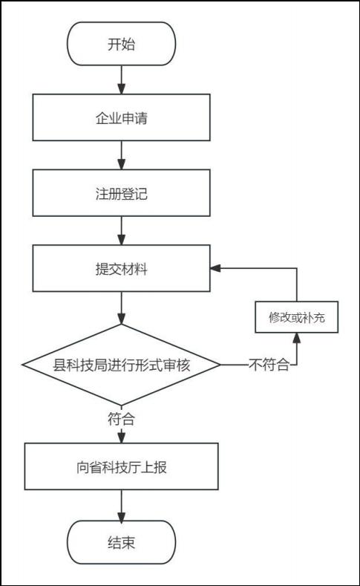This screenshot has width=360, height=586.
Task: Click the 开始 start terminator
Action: [122, 44]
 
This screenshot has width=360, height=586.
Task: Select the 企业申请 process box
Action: [122, 117]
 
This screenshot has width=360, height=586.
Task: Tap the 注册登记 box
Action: [122, 193]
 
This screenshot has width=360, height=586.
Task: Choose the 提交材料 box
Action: [122, 268]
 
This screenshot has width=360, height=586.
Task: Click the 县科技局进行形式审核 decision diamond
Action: [122, 365]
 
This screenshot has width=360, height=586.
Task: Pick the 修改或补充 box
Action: [296, 317]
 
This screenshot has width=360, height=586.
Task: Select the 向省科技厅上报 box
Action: [122, 466]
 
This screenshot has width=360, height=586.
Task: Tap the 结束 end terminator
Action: [122, 542]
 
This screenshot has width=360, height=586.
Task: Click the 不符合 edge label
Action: [269, 365]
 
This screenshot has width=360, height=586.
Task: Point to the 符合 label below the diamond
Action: [122, 419]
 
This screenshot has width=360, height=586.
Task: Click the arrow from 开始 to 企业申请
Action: [122, 80]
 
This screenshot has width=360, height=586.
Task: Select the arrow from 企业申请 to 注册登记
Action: [122, 155]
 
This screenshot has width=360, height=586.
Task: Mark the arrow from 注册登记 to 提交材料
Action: [122, 230]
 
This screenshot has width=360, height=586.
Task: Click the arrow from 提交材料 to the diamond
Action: [122, 308]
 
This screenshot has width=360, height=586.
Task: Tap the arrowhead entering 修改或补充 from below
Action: [296, 338]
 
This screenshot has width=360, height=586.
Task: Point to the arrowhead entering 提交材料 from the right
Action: [215, 268]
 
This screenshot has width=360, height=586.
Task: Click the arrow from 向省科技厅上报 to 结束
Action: [122, 505]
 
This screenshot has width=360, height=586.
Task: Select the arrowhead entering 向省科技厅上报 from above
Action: [122, 438]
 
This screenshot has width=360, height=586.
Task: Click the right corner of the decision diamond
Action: [220, 365]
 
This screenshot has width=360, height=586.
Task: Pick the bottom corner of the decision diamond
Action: [122, 405]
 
